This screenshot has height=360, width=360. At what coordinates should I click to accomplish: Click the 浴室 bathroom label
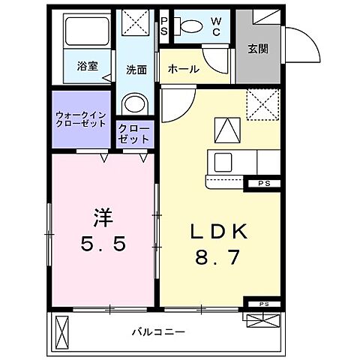click(x=88, y=65)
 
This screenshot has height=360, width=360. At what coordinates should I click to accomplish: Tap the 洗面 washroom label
click(x=136, y=69)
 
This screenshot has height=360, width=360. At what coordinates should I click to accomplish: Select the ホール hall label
click(x=183, y=69)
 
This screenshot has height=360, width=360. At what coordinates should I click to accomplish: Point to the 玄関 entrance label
click(x=258, y=48)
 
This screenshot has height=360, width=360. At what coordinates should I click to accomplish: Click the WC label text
click(x=214, y=26)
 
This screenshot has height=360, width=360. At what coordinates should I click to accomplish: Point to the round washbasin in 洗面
click(x=134, y=103)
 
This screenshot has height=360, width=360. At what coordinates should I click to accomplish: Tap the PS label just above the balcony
click(x=263, y=304)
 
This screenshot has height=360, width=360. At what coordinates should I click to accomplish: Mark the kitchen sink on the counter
click(x=224, y=162)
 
